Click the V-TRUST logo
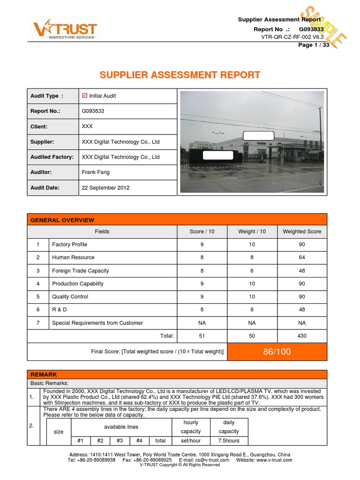(65, 30)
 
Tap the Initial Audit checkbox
(85, 96)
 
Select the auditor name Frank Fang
(96, 172)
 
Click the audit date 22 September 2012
(105, 187)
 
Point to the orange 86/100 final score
(277, 352)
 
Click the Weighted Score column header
(302, 232)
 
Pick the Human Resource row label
(73, 257)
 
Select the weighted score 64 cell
(302, 257)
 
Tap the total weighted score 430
(302, 336)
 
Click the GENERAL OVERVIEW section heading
(62, 220)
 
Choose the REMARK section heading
(44, 375)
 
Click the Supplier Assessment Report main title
(180, 75)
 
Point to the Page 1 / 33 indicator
(314, 45)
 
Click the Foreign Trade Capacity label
(81, 270)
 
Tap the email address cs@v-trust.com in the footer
(211, 460)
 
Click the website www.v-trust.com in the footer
(274, 460)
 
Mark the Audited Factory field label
(52, 157)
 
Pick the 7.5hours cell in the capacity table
(229, 441)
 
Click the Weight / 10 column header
(252, 232)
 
